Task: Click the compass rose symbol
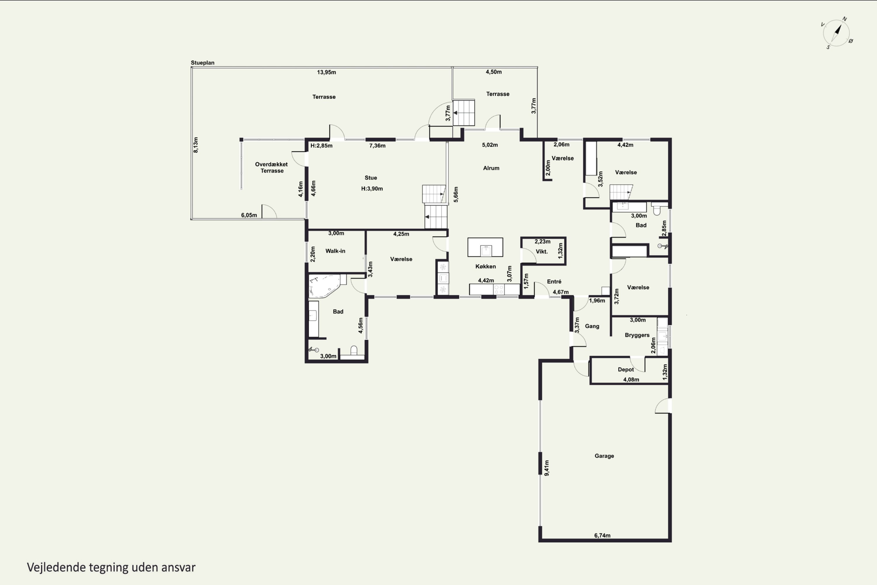[837, 33]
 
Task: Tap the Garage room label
[604, 456]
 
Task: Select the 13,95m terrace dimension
[326, 72]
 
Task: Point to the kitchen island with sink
[485, 247]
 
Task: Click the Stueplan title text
[203, 63]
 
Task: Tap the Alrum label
[491, 168]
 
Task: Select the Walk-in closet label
[335, 251]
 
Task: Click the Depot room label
[626, 370]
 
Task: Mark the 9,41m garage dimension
[547, 468]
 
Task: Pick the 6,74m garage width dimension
[602, 535]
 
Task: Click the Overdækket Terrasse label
[272, 168]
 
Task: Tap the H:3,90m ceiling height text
[372, 189]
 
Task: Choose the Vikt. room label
[541, 252]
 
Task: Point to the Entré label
[554, 282]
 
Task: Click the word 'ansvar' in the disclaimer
[178, 567]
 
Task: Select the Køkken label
[486, 266]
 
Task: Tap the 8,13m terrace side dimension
[196, 145]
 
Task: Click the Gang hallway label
[592, 326]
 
